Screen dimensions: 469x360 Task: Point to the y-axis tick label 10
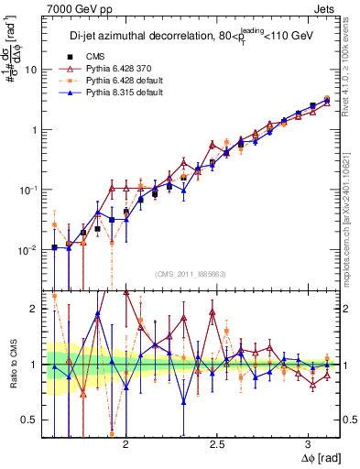(x=30, y=70)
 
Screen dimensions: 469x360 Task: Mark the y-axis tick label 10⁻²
(x=28, y=249)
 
